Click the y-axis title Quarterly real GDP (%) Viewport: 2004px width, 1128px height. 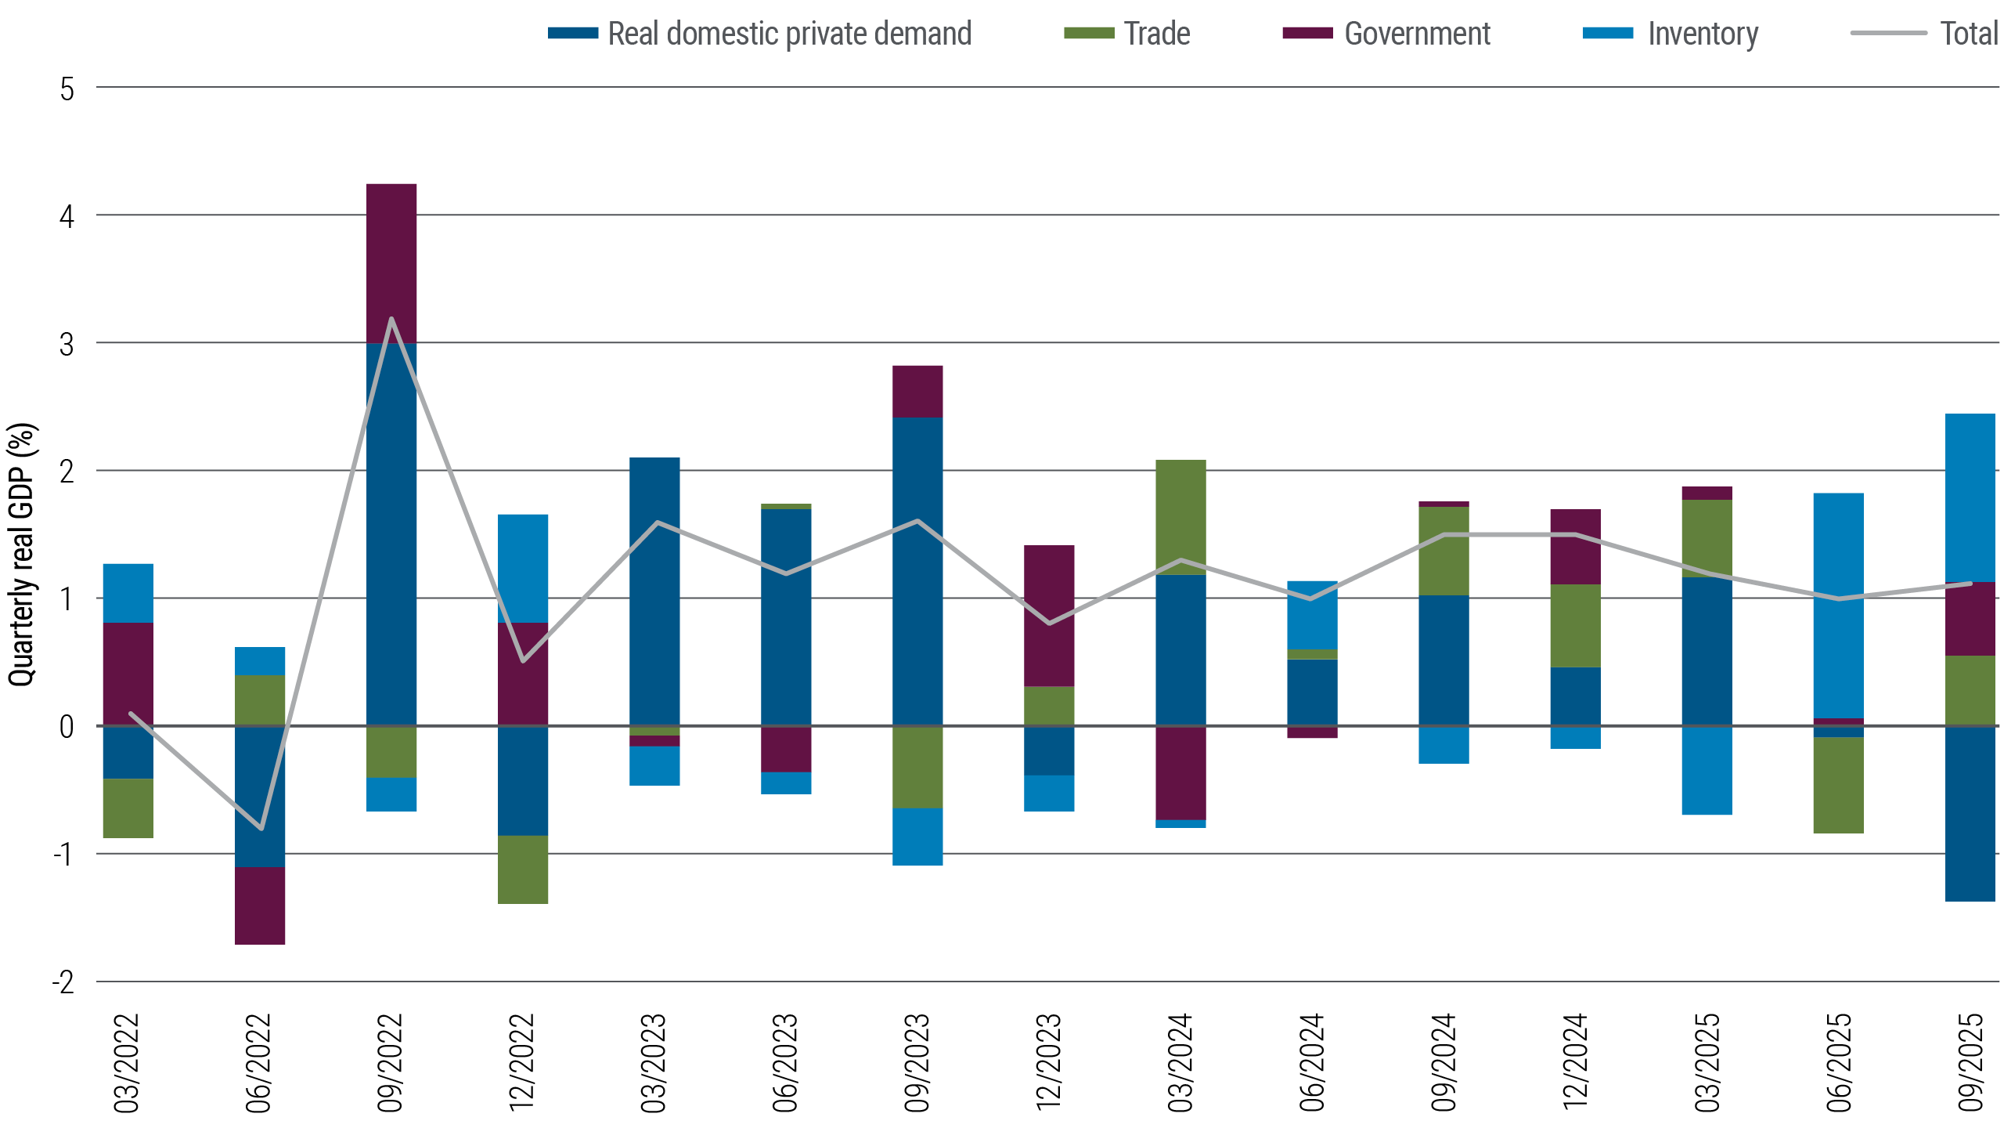click(x=22, y=555)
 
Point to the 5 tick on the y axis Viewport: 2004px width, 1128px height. click(x=67, y=89)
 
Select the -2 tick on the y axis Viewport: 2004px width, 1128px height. click(x=64, y=982)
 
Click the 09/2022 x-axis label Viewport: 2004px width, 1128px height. click(x=391, y=1062)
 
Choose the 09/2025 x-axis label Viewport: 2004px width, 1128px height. click(x=1971, y=1062)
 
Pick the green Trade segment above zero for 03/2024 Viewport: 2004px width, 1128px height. click(x=1180, y=517)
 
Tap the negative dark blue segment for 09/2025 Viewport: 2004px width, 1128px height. click(x=1970, y=815)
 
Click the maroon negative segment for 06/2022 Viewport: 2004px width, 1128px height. click(x=260, y=906)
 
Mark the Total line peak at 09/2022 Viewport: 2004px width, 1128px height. click(x=391, y=319)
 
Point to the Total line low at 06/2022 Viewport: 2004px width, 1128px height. click(x=261, y=828)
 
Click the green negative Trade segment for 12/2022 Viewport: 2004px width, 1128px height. click(x=523, y=869)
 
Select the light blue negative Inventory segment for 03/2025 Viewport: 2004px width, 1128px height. click(x=1707, y=772)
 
